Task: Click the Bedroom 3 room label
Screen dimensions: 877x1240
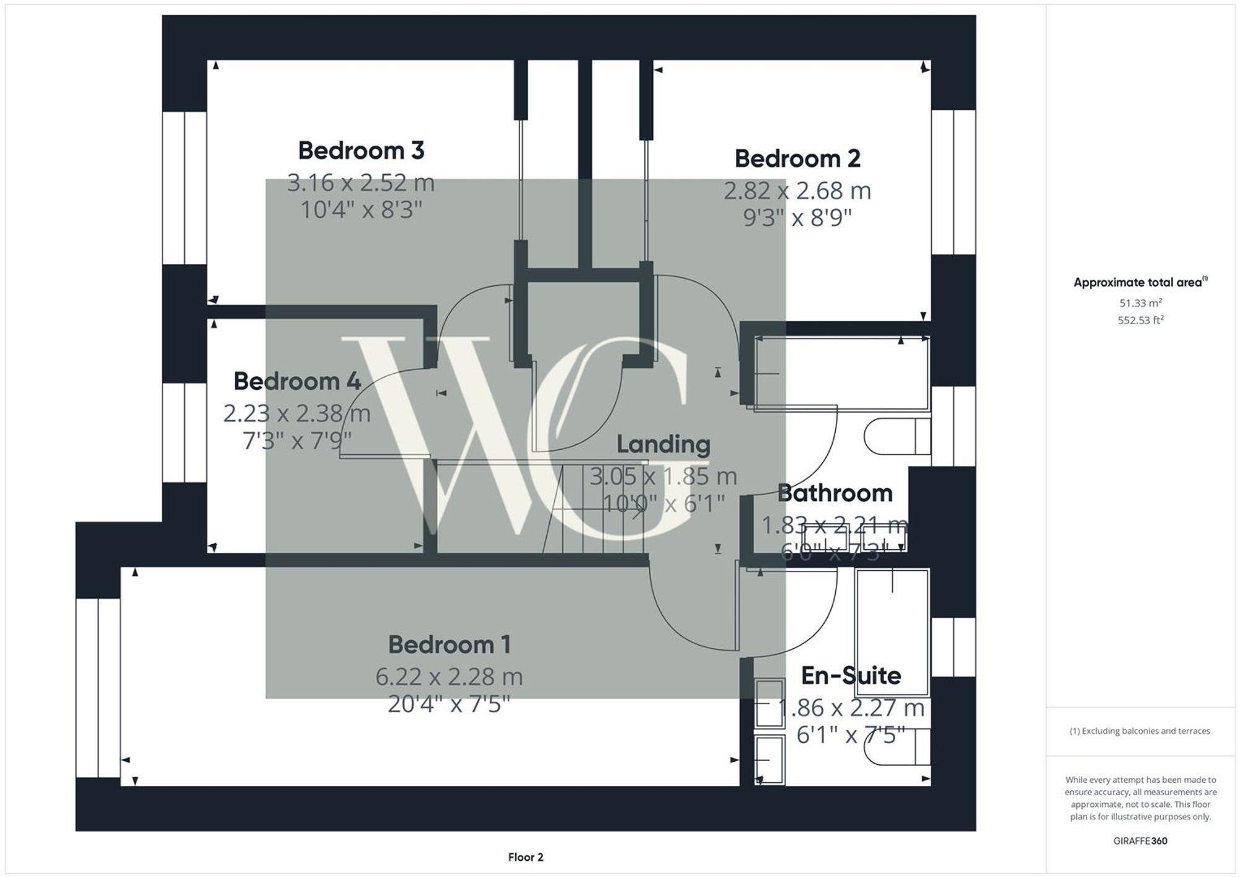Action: click(361, 151)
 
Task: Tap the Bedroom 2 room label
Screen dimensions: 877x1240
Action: click(797, 159)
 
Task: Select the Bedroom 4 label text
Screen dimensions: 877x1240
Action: click(297, 381)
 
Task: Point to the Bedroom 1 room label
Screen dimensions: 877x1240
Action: click(449, 645)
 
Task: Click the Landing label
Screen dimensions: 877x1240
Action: click(663, 444)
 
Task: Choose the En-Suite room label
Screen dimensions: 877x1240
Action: click(851, 676)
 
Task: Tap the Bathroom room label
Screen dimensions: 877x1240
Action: click(835, 493)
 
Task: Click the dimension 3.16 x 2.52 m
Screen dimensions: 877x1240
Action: click(361, 183)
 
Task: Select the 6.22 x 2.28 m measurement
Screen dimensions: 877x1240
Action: click(449, 676)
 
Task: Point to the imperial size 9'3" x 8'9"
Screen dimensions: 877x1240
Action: click(797, 218)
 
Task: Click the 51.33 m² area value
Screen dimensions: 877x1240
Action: click(1140, 303)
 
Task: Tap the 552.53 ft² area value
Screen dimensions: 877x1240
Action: click(1140, 320)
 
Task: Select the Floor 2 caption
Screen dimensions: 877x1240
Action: click(526, 857)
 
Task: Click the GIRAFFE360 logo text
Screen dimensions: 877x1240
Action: click(1140, 841)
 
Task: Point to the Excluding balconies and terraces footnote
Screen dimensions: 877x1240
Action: click(1140, 731)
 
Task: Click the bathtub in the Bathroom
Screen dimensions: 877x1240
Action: click(842, 374)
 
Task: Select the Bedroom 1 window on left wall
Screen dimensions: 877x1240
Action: click(98, 688)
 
